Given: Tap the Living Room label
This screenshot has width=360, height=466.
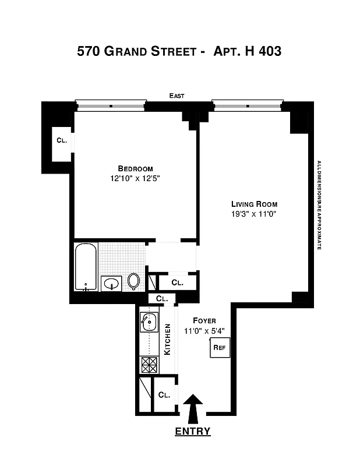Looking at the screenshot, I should coord(254,204).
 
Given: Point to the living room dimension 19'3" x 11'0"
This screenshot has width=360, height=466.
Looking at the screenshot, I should coord(254,214).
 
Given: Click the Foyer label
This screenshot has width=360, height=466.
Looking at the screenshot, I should coord(204,320).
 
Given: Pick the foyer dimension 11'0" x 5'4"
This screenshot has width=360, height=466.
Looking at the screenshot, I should coord(204,330).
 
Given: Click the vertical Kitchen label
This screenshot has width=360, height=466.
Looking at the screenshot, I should coord(167,339).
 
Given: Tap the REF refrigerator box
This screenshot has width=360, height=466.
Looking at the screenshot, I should coord(220,348).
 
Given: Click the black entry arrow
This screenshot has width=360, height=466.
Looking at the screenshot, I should coord(193,408).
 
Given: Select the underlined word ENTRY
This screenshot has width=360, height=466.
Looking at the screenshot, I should coord(193,432).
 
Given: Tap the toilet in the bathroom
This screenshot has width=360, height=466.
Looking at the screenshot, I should coord(134,281).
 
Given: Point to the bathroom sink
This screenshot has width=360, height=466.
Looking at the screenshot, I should coord(111,284).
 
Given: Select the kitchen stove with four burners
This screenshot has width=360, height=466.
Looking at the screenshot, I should coord(149,365).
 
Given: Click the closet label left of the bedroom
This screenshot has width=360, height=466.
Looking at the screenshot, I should coord(62,140).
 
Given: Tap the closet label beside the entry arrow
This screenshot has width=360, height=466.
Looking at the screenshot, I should coord(164,394).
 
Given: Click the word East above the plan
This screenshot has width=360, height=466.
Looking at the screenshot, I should coord(177,96).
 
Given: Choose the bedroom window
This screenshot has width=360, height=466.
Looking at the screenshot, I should coord(110,105).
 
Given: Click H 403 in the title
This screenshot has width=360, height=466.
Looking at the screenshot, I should coord(257,51).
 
